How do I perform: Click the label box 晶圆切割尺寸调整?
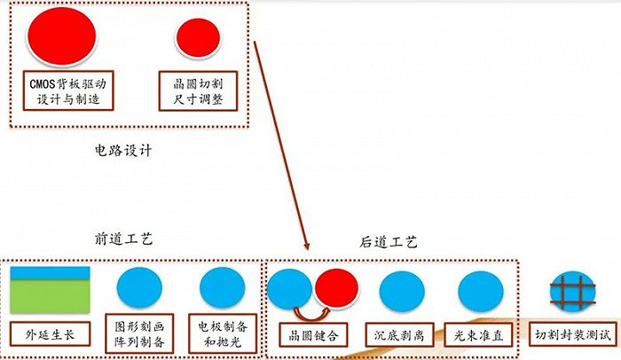coord(199,90)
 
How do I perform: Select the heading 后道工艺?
coord(388,240)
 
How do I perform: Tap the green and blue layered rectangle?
coord(50,290)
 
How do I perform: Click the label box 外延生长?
coord(50,335)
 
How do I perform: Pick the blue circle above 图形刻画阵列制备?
coord(140,286)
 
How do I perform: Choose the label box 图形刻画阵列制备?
coord(141,330)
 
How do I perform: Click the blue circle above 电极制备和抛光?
coord(223,288)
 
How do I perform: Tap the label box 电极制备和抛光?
coord(223,330)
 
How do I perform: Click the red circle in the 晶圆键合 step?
coord(335,289)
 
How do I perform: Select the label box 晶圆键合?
coord(314,335)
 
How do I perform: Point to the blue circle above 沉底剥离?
coord(402,292)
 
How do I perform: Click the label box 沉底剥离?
coord(402,335)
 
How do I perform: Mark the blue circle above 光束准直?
coord(480,292)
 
